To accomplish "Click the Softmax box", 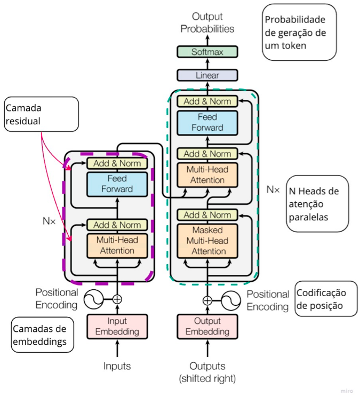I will (207, 52).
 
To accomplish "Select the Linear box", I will (207, 75).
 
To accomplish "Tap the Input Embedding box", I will (117, 326).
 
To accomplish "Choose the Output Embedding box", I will (207, 326).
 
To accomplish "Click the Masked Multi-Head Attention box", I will (207, 240).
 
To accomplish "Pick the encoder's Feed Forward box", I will (117, 184).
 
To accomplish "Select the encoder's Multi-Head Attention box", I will (117, 245).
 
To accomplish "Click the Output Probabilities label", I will (207, 22).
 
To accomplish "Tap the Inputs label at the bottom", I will (117, 366).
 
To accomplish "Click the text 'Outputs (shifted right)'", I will (207, 372).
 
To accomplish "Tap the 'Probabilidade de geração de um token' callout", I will (299, 31).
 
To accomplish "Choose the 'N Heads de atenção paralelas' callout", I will (317, 203).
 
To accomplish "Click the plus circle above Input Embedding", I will (117, 300).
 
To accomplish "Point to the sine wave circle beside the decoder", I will (231, 300).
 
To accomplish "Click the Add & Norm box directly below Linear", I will (207, 101).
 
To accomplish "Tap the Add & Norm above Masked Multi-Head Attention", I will (207, 215).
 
